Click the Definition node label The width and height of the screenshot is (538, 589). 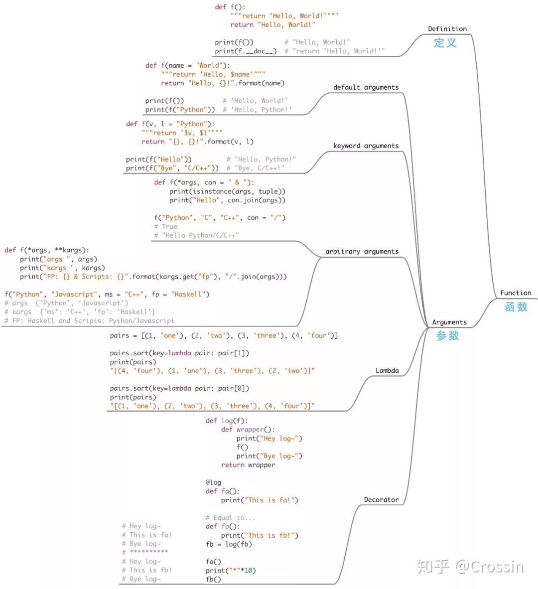[x=447, y=29]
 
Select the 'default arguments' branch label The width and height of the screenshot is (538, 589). [x=366, y=87]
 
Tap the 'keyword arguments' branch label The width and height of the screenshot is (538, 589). [x=366, y=146]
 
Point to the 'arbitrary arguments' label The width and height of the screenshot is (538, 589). [x=362, y=252]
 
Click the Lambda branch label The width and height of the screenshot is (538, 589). [x=387, y=370]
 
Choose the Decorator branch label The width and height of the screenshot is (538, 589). [x=381, y=499]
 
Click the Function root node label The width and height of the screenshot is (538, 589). [x=516, y=293]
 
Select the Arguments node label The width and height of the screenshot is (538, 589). [x=449, y=322]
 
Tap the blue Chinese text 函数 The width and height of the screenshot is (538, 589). [x=516, y=307]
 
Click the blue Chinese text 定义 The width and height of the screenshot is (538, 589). [x=445, y=43]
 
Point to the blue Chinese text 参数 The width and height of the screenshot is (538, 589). [x=447, y=336]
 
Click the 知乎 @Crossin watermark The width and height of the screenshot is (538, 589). [x=470, y=567]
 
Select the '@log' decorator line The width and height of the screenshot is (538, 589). [x=213, y=482]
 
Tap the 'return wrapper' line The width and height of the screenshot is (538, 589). [x=248, y=465]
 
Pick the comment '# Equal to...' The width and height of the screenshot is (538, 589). [x=230, y=518]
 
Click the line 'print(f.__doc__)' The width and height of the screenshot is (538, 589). [x=246, y=51]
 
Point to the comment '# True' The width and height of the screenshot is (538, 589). [x=166, y=227]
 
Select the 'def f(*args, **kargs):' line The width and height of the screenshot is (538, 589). [x=47, y=250]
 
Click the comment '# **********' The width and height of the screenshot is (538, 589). [x=145, y=552]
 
